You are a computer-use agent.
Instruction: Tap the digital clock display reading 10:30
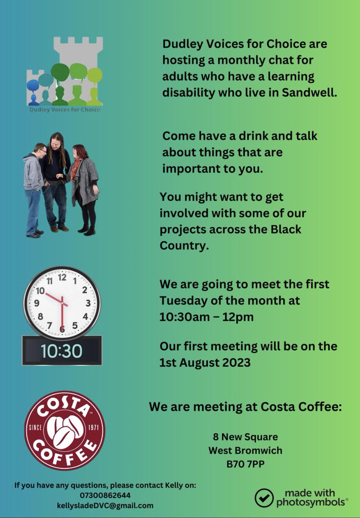coord(62,351)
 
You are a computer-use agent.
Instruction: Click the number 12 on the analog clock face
coord(62,277)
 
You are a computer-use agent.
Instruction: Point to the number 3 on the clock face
coord(88,303)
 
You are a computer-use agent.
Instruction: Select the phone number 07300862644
coord(105,495)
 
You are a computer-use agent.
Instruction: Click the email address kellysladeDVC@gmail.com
coord(105,505)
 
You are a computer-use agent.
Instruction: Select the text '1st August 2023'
coord(205,362)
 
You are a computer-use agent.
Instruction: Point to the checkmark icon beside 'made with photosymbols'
coord(264,497)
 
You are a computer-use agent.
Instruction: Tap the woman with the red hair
coord(84,186)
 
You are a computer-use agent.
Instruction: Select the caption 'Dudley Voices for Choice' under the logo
coord(64,110)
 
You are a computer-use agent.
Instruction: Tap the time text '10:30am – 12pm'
coord(206,317)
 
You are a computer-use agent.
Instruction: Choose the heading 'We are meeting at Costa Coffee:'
coord(245,407)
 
